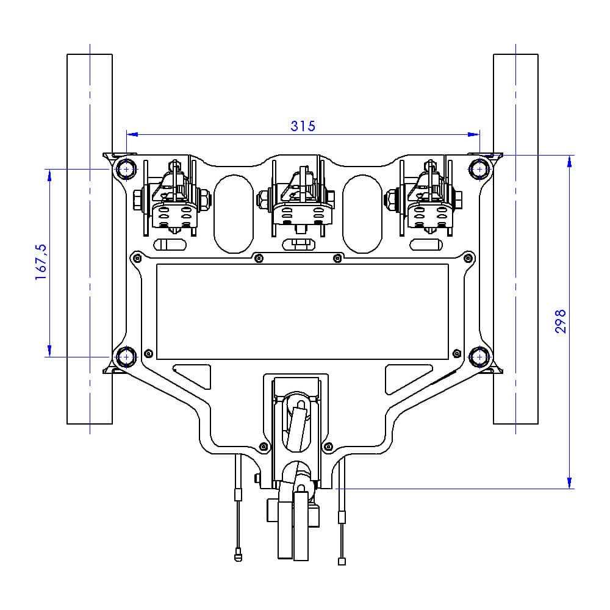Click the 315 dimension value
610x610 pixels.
pos(303,126)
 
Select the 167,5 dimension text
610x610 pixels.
pos(41,262)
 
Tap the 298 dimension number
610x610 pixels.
pos(560,321)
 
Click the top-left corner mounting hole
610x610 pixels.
pos(126,170)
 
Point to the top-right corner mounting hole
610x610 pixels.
pos(479,170)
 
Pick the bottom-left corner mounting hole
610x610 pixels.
pos(126,357)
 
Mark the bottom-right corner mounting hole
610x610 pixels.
pos(479,357)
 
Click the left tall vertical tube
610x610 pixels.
pos(90,239)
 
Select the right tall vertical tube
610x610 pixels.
pos(516,239)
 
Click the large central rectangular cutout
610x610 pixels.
pos(303,312)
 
